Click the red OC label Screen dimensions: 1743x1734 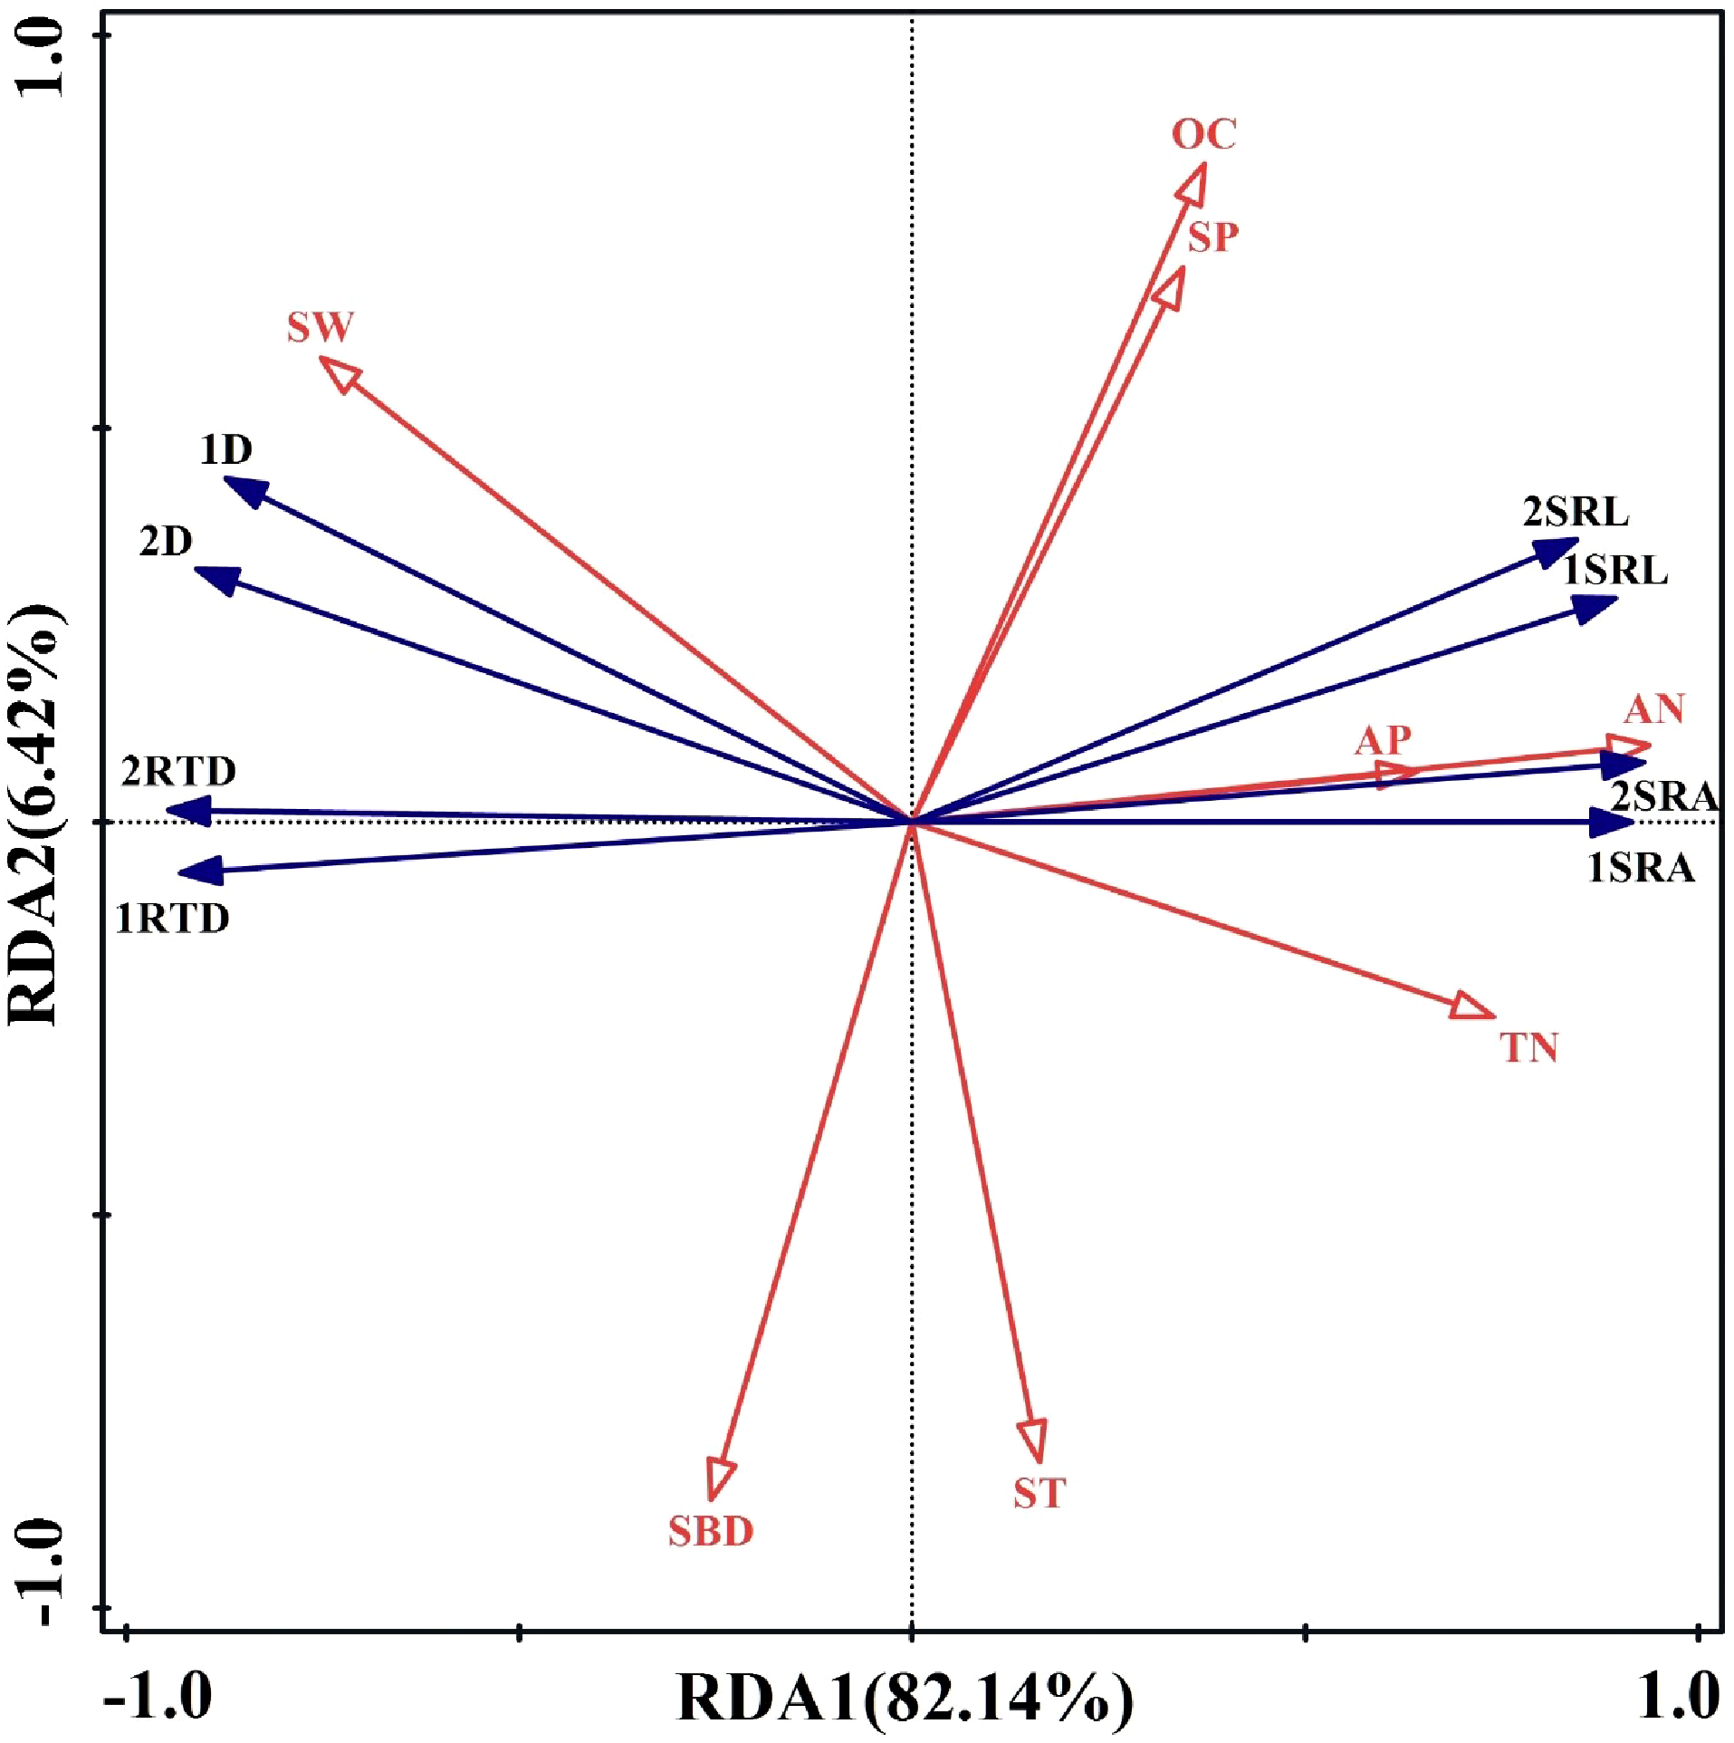click(1203, 135)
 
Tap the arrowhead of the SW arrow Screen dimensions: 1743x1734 click(339, 371)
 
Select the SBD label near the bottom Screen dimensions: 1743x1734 click(711, 1531)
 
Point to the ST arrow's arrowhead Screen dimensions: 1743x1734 click(1033, 1440)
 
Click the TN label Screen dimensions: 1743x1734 click(1529, 1048)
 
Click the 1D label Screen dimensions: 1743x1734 click(226, 450)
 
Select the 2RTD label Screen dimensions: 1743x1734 click(179, 772)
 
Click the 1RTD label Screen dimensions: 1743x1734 click(173, 920)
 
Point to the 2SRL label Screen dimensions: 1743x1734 click(1576, 513)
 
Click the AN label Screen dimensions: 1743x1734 click(1654, 709)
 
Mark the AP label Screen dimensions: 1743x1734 click(1383, 741)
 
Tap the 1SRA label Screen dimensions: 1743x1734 click(1641, 869)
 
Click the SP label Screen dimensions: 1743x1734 click(1213, 238)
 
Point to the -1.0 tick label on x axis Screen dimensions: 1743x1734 click(158, 1697)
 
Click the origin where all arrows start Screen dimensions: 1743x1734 click(912, 822)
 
